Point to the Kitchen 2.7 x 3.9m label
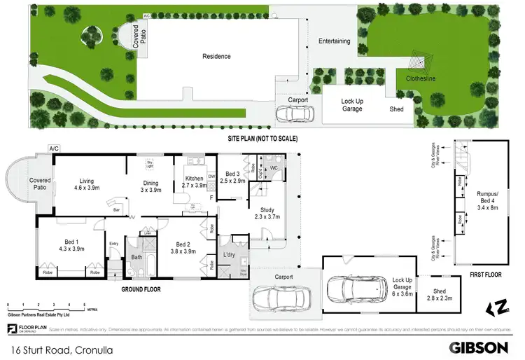pos(195,182)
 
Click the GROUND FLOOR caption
pos(142,289)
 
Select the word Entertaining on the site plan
pos(334,41)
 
